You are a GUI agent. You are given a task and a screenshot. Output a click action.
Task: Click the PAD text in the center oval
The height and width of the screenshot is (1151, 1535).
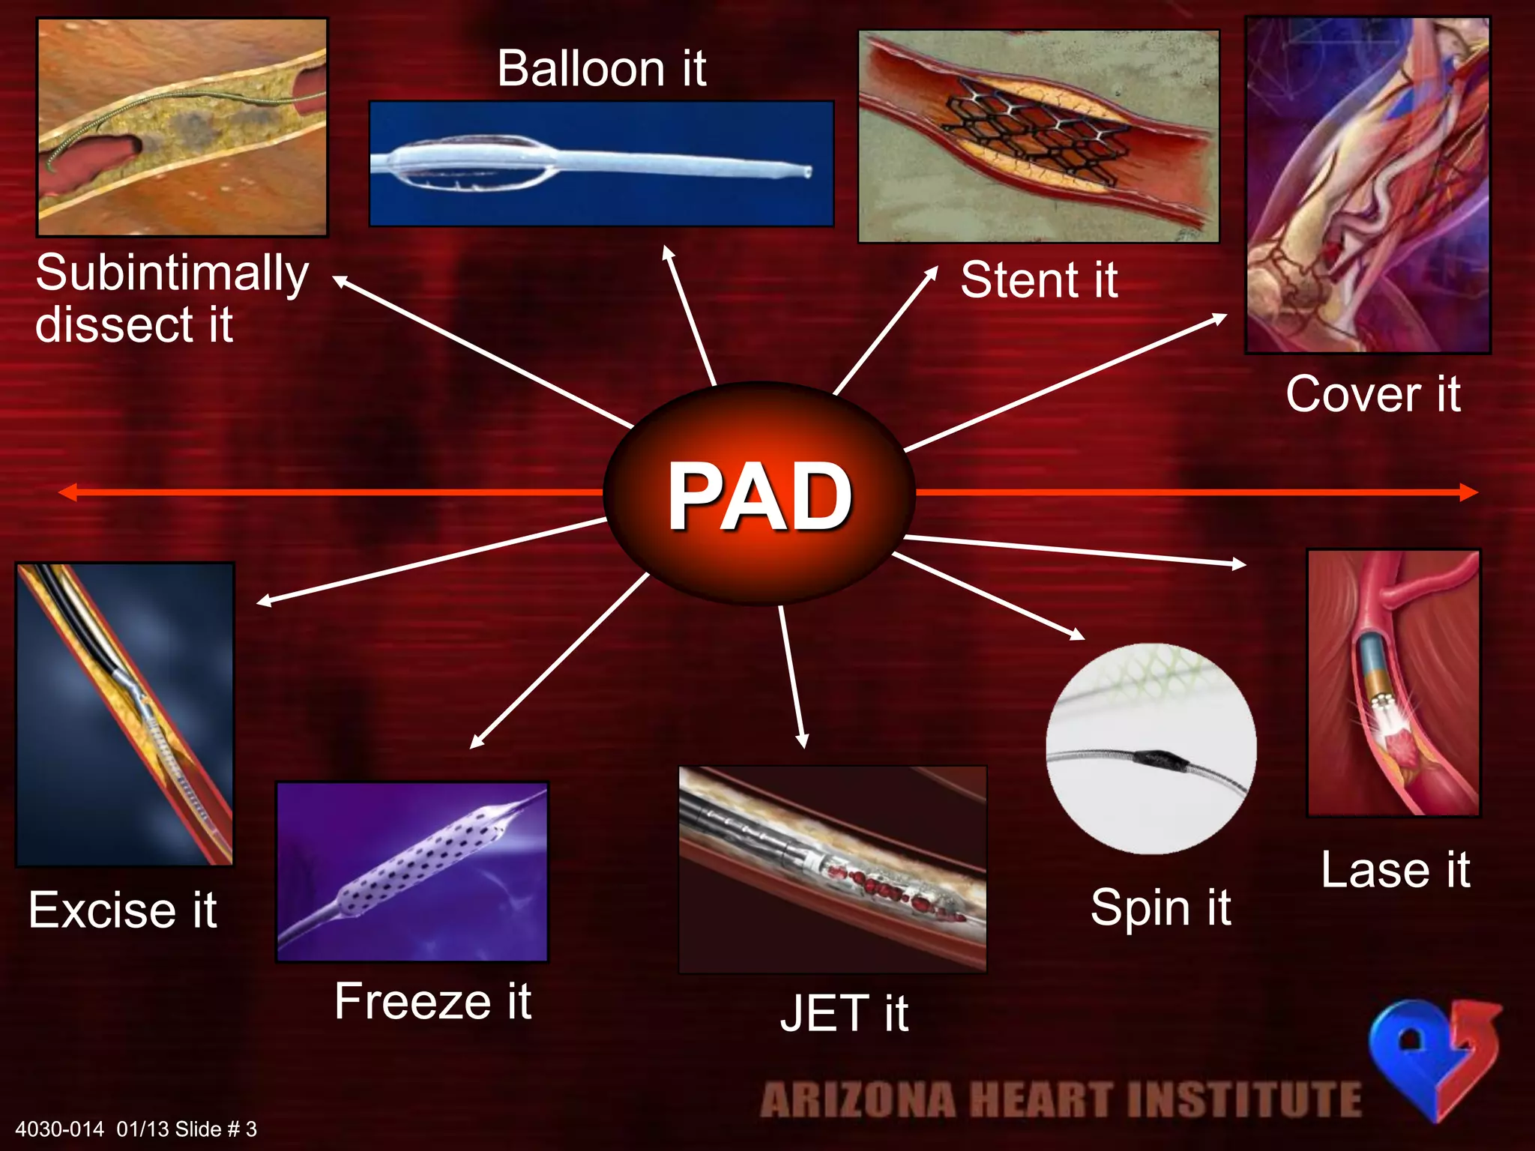tap(759, 495)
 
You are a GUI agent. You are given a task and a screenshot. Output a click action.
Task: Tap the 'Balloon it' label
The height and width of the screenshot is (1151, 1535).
tap(601, 68)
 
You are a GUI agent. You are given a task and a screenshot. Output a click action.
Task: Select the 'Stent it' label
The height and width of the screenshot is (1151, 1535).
tap(1039, 280)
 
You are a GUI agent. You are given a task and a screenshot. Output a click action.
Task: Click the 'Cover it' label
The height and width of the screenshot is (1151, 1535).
tap(1372, 394)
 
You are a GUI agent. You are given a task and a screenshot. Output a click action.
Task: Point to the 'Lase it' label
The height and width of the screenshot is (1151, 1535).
tap(1395, 870)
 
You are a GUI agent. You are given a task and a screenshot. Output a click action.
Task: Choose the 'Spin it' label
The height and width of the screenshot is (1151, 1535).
tap(1160, 907)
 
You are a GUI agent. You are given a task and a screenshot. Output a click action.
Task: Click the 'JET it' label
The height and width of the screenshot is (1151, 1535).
tap(844, 1013)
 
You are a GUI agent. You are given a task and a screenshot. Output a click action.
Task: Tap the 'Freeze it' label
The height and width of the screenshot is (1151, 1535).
tap(432, 1001)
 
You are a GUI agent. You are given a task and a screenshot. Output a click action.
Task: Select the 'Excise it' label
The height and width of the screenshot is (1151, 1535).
tap(123, 910)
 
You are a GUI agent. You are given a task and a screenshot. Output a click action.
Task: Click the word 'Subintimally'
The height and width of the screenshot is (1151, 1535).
tap(172, 273)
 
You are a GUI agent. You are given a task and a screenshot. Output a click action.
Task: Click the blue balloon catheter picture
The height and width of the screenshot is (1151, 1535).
tap(601, 163)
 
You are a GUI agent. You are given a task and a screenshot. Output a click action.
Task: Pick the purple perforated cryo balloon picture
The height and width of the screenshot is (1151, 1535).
tap(412, 871)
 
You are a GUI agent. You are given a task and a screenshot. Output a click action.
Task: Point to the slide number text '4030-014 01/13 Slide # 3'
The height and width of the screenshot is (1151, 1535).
tap(136, 1129)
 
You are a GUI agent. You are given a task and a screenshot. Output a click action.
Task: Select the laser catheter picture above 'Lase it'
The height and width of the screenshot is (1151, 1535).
tap(1393, 683)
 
